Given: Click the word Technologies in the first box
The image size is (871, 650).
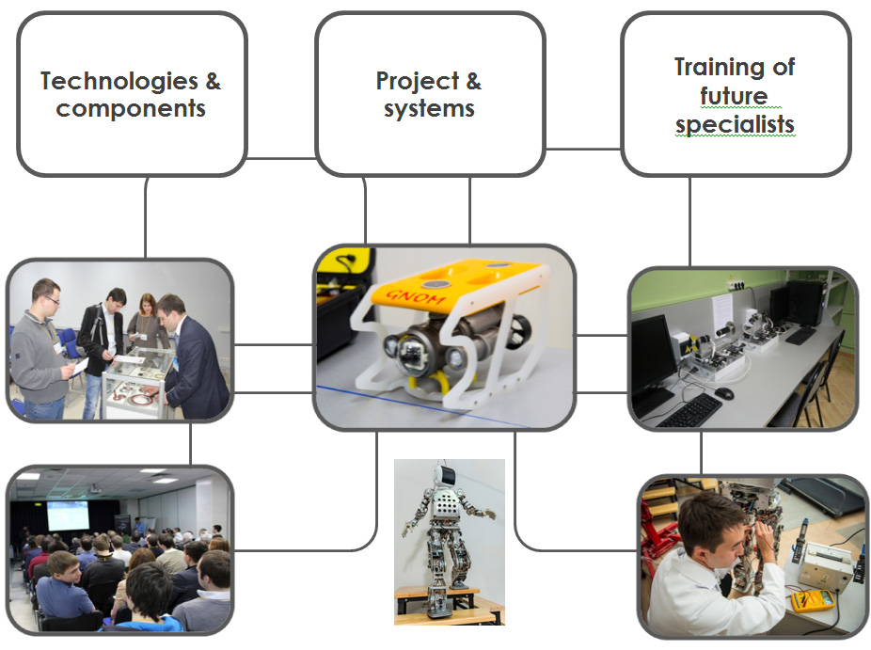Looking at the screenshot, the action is pos(119,81).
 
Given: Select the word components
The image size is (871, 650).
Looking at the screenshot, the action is pos(131,108).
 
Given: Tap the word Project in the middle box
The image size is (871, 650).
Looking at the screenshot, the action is pos(418,81).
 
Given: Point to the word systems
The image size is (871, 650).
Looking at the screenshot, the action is pos(430,108).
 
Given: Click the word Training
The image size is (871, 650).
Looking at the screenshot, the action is pos(720,68).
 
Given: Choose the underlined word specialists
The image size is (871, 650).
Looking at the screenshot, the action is pos(735,124).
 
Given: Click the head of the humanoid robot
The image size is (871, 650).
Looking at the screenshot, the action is pos(445,475).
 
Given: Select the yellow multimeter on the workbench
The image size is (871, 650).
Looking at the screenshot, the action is pos(813,600).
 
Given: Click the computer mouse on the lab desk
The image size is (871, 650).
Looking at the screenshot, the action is pos(724,393).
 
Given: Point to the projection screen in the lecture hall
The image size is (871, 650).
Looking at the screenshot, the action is pos(68,515).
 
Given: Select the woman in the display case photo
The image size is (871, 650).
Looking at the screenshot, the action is pos(146,323).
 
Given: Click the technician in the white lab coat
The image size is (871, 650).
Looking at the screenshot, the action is pos(717,566).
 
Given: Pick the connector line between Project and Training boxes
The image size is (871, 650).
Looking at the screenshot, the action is pos(583,149).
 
